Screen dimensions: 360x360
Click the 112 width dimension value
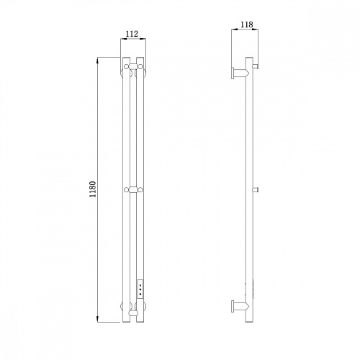[x=132, y=34]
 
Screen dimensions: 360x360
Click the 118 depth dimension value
[x=247, y=24]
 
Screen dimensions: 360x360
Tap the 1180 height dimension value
[x=93, y=189]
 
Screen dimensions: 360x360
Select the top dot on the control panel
[x=140, y=285]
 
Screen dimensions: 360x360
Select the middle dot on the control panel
[x=140, y=289]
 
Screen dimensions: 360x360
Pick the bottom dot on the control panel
[x=140, y=294]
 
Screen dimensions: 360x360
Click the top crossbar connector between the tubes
[x=133, y=66]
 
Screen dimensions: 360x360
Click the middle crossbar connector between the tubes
[x=133, y=190]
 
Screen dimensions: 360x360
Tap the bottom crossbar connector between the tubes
[x=133, y=313]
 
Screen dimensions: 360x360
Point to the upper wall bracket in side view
[x=240, y=73]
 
